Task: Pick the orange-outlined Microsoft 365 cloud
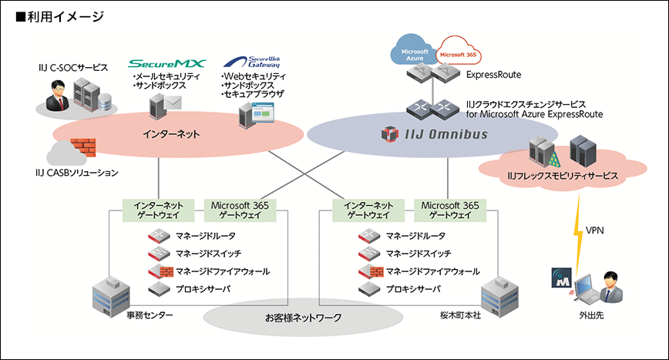click(x=458, y=56)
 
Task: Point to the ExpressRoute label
click(x=493, y=75)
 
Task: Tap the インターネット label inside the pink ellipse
click(x=171, y=134)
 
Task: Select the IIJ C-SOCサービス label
click(x=73, y=68)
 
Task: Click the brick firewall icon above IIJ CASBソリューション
click(x=82, y=149)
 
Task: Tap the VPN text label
click(x=595, y=230)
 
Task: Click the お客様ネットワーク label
click(x=303, y=317)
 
